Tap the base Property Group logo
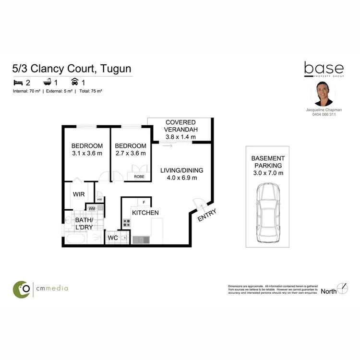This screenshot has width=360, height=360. (324, 70)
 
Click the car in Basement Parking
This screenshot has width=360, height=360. (267, 215)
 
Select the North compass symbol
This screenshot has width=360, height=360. (342, 288)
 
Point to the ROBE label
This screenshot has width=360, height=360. (139, 176)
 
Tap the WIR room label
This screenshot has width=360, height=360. (79, 194)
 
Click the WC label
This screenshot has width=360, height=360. (113, 237)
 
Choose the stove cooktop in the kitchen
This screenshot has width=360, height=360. (127, 223)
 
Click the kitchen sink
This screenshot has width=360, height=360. (141, 238)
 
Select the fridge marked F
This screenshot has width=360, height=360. (144, 202)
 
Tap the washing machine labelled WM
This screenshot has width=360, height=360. (92, 208)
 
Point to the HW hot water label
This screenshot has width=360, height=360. (99, 200)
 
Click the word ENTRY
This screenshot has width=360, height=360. (207, 215)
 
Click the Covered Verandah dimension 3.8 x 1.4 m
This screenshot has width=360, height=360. (180, 137)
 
